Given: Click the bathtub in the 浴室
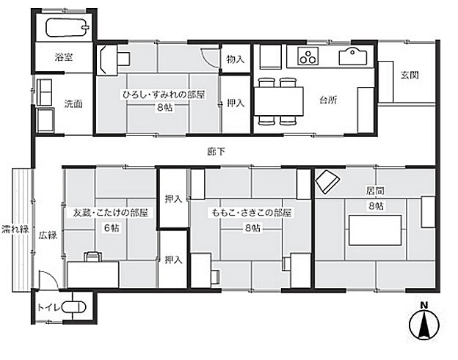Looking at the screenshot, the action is [x=67, y=28].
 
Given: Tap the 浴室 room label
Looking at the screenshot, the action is [x=63, y=56].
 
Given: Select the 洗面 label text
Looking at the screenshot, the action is [x=73, y=103].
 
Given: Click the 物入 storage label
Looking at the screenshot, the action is [x=235, y=59].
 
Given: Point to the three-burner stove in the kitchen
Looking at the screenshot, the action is [x=308, y=56].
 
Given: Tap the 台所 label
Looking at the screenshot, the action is [x=328, y=100].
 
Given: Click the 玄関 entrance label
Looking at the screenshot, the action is [x=410, y=76].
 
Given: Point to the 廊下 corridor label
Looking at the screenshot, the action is [x=216, y=152].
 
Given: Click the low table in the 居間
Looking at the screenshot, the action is [x=375, y=230].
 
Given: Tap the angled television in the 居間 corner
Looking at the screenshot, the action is [x=327, y=182].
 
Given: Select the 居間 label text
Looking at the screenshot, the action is [x=375, y=191].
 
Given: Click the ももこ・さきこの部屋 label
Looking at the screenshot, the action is [x=252, y=213].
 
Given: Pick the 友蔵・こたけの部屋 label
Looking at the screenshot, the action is [x=111, y=213].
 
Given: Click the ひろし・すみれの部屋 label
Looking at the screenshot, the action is [x=164, y=95].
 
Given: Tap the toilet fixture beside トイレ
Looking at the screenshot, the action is [x=73, y=307].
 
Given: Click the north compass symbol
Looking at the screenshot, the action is [x=424, y=322].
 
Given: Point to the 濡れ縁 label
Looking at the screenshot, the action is [x=15, y=229].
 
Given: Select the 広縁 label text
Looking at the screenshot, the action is [x=48, y=235].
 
